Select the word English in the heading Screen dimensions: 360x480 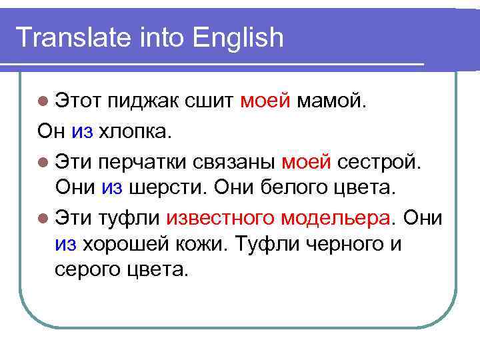tap(238, 38)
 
